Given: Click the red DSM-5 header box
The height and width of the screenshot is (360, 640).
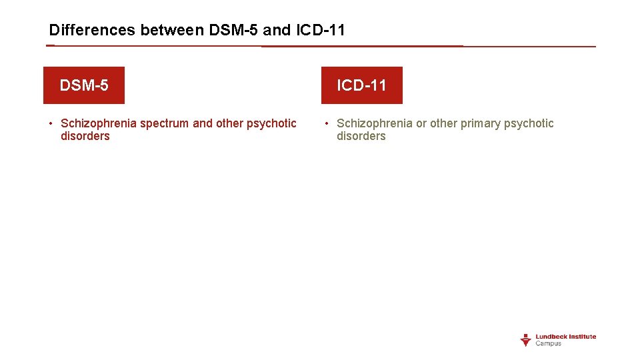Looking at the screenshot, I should (x=84, y=85).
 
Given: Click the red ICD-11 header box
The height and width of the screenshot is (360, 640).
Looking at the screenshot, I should (x=361, y=85).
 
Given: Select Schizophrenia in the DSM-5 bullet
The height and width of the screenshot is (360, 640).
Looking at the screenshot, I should (x=99, y=123).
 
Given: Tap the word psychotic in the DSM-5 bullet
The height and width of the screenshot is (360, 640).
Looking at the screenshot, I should (x=271, y=123).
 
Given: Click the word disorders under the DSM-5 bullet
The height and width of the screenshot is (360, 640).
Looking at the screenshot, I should (x=85, y=136).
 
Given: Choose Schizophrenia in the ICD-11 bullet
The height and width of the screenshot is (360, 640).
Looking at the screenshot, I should (x=375, y=123).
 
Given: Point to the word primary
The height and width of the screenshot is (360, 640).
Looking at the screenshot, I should (x=481, y=123).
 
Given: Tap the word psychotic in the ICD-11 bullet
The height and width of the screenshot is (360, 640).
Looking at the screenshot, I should (x=529, y=123).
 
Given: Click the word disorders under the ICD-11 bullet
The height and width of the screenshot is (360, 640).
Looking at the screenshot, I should (x=361, y=136).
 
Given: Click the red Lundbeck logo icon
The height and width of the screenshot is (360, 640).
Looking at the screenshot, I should (x=525, y=340).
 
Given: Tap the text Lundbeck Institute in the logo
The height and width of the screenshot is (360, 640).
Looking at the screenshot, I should (x=566, y=337).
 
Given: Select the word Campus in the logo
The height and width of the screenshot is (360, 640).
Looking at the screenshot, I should (x=549, y=344).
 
